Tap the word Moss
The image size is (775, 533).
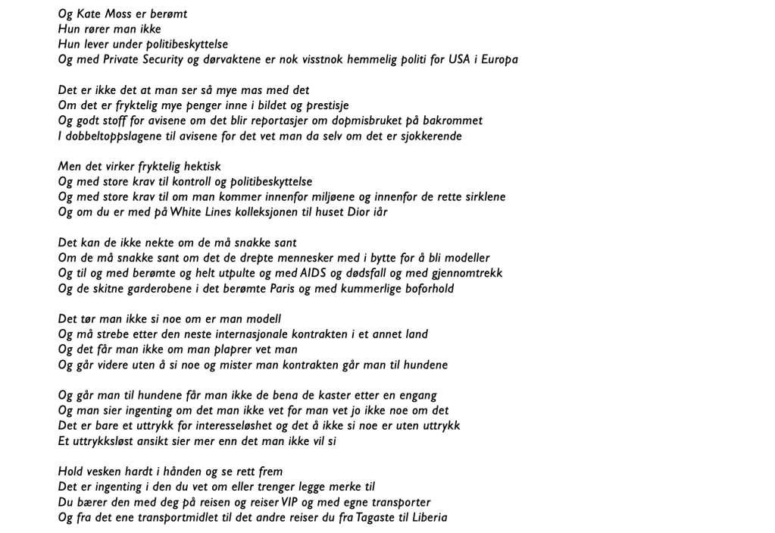129,14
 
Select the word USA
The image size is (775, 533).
460,60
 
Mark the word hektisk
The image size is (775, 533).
202,167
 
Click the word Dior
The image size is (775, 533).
358,212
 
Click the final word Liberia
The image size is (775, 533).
430,518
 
